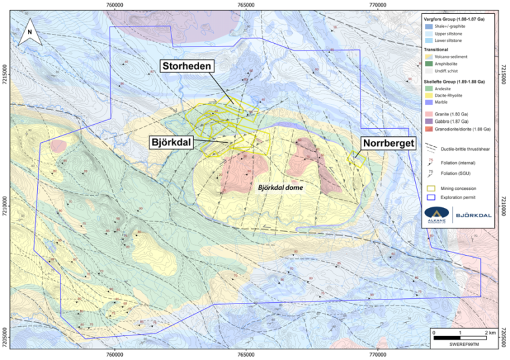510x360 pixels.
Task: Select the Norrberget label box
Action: click(388, 143)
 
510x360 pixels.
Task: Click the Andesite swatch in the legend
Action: click(428, 88)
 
